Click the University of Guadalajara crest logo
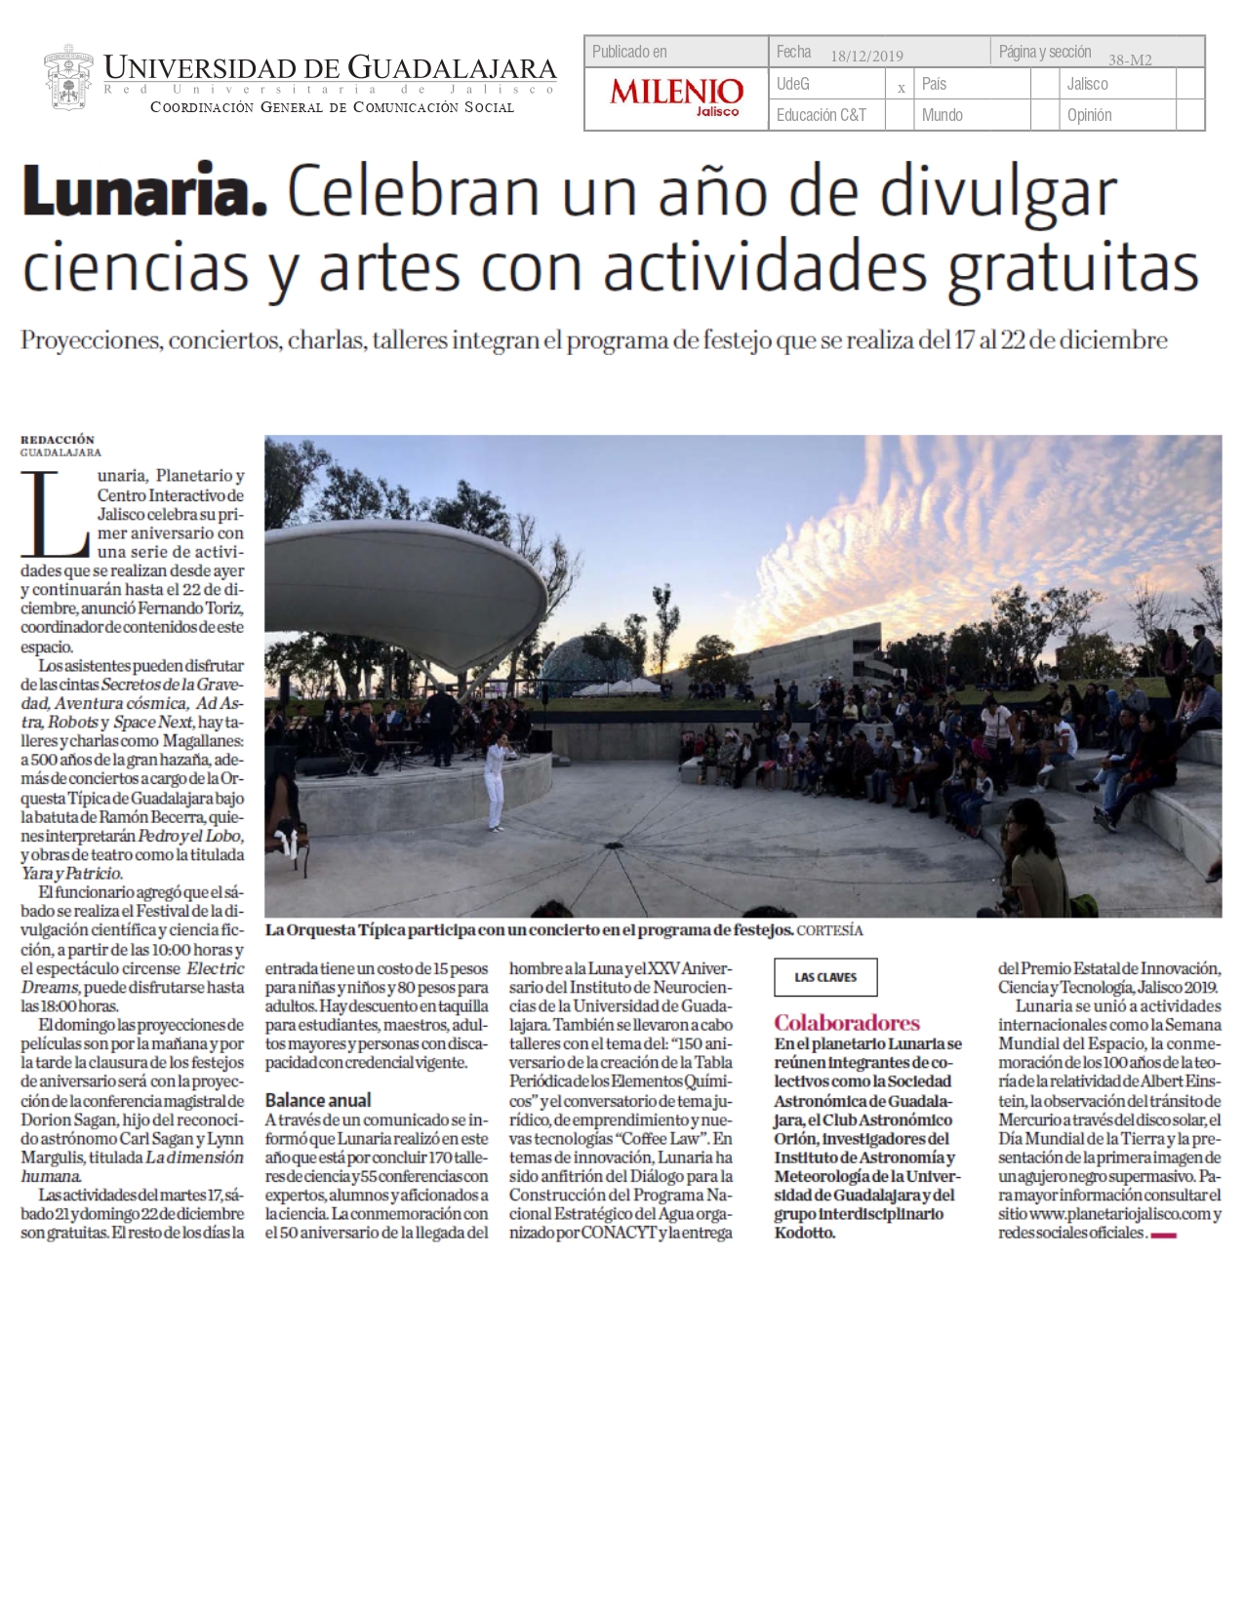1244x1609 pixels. pyautogui.click(x=68, y=78)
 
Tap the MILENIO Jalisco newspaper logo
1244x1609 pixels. pyautogui.click(x=676, y=97)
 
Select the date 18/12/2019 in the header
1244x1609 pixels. pyautogui.click(x=866, y=56)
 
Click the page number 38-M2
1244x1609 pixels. pyautogui.click(x=1130, y=59)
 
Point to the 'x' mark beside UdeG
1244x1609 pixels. pyautogui.click(x=901, y=88)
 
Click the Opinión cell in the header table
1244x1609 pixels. pyautogui.click(x=1089, y=115)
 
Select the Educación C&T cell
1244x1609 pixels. pyautogui.click(x=821, y=115)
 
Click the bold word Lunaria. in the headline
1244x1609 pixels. pyautogui.click(x=144, y=192)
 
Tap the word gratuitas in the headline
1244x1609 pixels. pyautogui.click(x=1073, y=267)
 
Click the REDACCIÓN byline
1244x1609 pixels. pyautogui.click(x=58, y=440)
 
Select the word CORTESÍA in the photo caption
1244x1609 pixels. pyautogui.click(x=829, y=930)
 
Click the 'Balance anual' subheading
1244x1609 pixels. pyautogui.click(x=318, y=1100)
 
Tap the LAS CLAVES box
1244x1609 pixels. pyautogui.click(x=825, y=977)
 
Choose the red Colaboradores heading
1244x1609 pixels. pyautogui.click(x=847, y=1023)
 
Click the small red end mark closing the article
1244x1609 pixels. pyautogui.click(x=1164, y=1236)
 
